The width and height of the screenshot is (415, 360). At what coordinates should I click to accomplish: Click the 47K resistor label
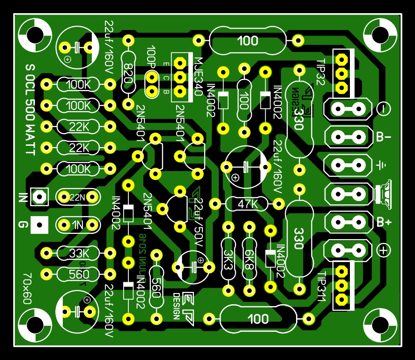[247, 204]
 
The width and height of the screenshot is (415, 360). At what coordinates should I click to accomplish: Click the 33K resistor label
[78, 254]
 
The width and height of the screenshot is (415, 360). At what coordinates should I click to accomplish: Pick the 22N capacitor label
[77, 197]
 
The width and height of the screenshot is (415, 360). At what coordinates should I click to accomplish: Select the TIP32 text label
[321, 72]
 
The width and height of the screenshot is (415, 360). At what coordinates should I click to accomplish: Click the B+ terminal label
[384, 222]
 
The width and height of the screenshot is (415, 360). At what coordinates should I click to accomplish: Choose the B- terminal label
[384, 137]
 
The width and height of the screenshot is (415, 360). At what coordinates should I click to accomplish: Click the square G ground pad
[39, 226]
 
